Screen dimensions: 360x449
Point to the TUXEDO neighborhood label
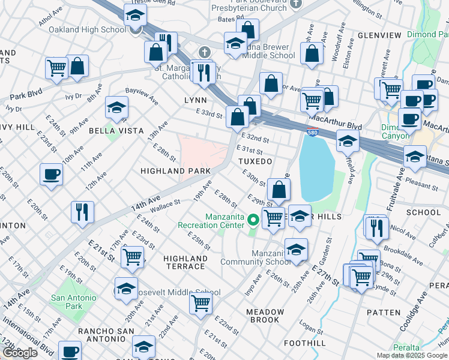(x=255, y=162)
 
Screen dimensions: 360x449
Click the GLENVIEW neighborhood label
(x=379, y=35)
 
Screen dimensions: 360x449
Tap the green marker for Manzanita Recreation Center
(x=253, y=220)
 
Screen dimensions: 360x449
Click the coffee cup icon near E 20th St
(x=51, y=175)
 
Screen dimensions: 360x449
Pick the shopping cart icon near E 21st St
(x=132, y=257)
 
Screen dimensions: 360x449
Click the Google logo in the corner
(x=20, y=353)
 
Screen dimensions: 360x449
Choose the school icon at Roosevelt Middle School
(x=126, y=289)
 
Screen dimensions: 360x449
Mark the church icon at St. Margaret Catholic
(x=205, y=53)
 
